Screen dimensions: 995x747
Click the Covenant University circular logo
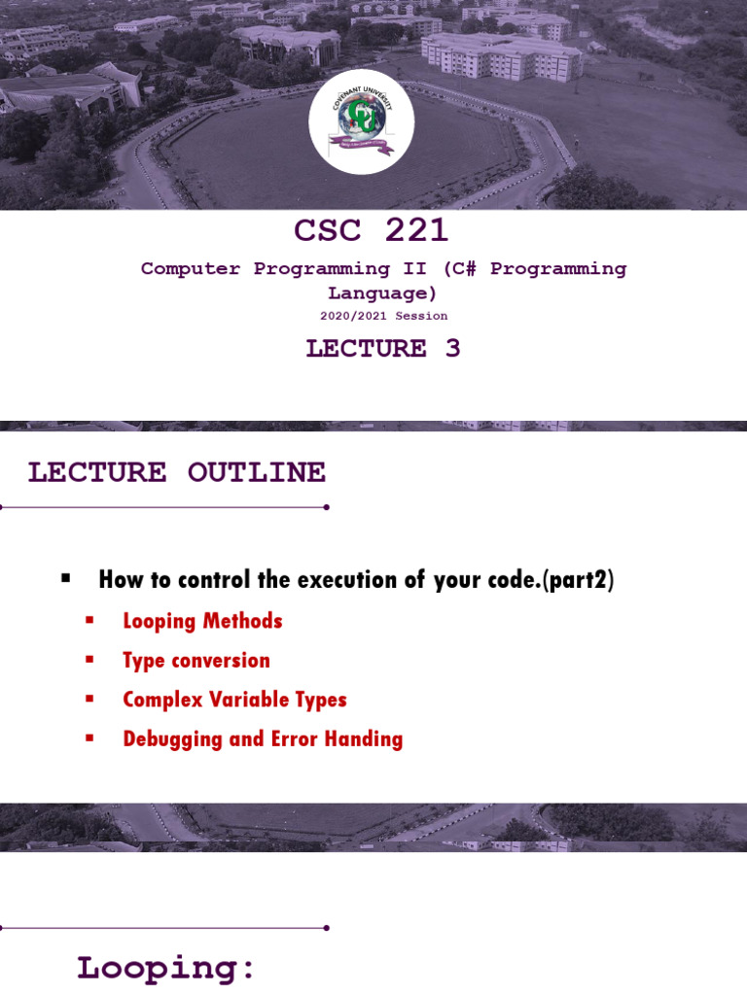362,122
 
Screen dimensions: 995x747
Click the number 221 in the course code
416,230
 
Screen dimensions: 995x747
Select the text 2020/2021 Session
384,316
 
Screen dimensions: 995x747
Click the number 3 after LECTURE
452,349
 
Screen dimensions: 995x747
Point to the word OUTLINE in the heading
256,473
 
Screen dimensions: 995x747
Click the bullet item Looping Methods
202,621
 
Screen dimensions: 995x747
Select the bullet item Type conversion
196,661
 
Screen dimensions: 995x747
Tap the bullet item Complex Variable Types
234,700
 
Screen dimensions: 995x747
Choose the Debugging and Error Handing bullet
263,739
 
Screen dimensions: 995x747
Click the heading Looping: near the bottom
166,968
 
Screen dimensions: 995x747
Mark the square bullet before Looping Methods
89,620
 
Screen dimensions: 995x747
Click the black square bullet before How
66,578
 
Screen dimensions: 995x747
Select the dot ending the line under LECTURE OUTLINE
326,507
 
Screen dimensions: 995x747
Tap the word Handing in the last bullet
368,739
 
